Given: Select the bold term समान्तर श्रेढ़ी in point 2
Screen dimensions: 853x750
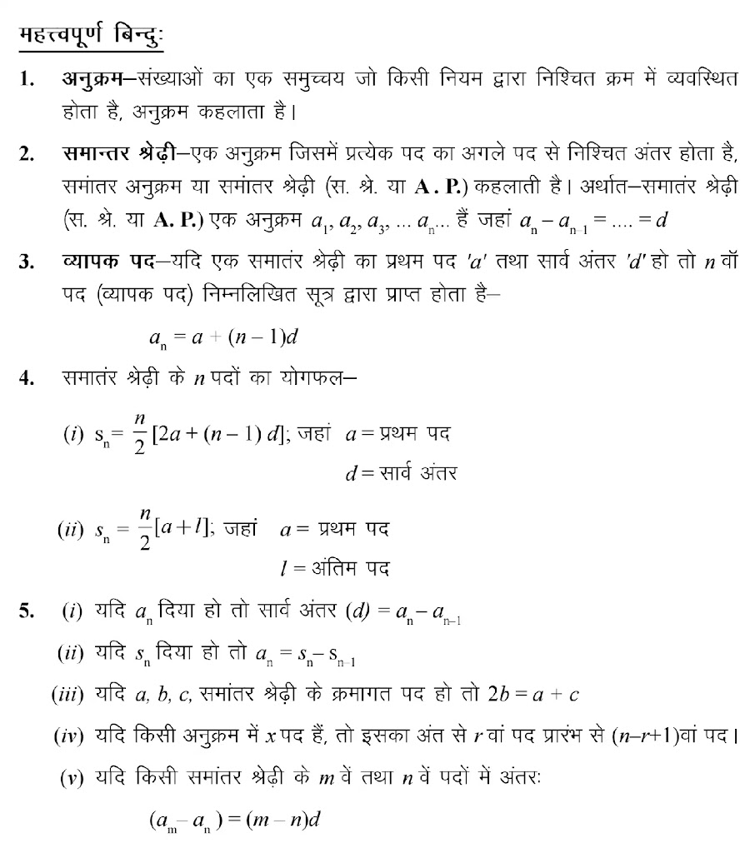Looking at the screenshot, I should coord(118,153).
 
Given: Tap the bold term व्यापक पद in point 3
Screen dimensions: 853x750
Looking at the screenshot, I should coord(107,262).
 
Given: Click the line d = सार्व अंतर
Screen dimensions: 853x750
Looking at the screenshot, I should coord(402,474).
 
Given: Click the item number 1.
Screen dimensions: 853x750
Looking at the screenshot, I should coord(27,81).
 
